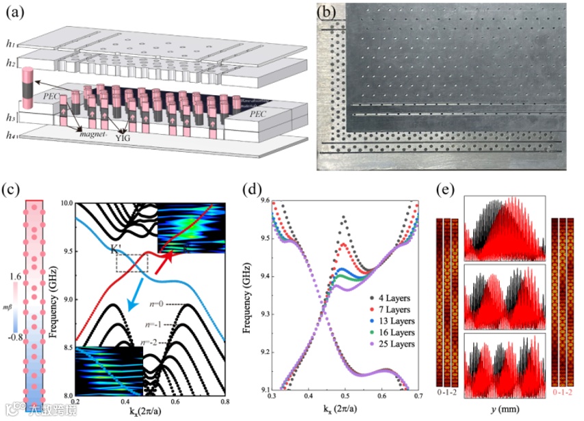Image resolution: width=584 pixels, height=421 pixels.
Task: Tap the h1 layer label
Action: [x=10, y=44]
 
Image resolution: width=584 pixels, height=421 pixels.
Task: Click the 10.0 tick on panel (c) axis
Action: [x=66, y=203]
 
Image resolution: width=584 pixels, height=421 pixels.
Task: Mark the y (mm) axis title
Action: [x=504, y=409]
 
